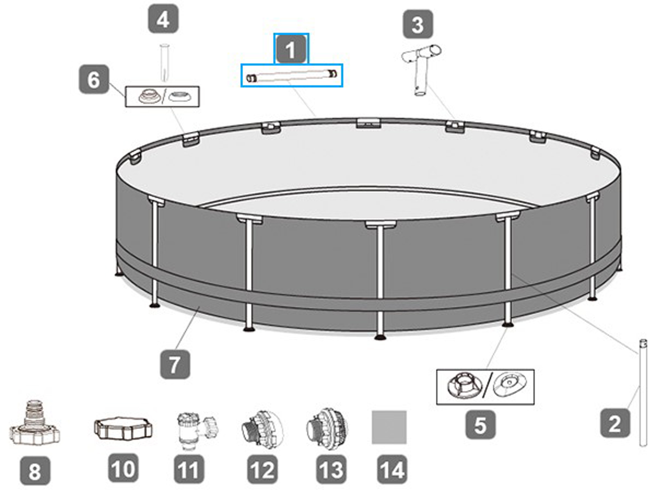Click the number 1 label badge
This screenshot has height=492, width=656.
tap(291, 49)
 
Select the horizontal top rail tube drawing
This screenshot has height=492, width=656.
tap(292, 76)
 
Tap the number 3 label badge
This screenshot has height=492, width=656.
tap(418, 25)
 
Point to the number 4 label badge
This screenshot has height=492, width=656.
tap(163, 19)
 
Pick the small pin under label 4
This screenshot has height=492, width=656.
tap(164, 62)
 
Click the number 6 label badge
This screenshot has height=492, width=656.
tap(94, 79)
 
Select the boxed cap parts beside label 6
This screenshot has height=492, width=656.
tap(162, 97)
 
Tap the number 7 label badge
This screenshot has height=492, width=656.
tap(175, 364)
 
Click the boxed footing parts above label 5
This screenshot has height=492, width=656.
tap(485, 387)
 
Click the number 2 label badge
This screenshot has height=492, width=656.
tap(615, 423)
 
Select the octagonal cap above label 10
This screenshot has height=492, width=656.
tap(123, 429)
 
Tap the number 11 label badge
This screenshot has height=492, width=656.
tap(188, 469)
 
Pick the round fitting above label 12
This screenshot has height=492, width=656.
tap(262, 430)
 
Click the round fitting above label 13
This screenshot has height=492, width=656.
tap(327, 429)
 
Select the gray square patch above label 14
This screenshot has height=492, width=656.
tap(389, 427)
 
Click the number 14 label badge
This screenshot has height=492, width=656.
tap(392, 469)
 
